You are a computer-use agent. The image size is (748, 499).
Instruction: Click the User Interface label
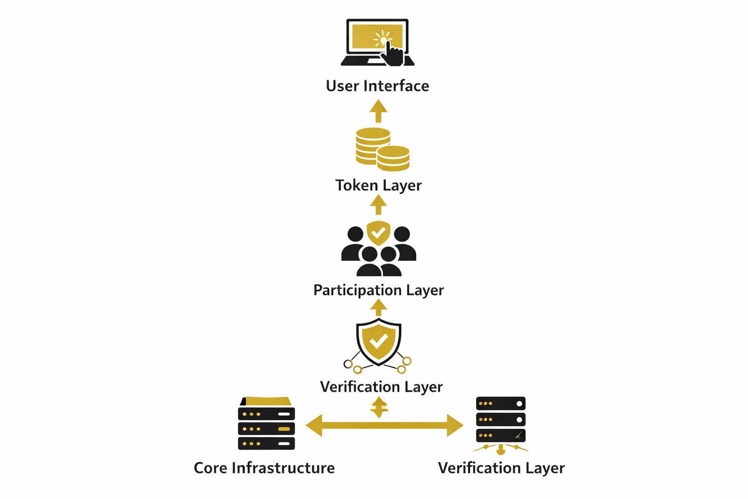pyautogui.click(x=377, y=86)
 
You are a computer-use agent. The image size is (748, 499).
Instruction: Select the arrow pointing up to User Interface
pyautogui.click(x=378, y=111)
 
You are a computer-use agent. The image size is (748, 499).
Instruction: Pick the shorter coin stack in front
pyautogui.click(x=393, y=158)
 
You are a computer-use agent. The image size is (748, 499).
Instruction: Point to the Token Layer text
pyautogui.click(x=378, y=185)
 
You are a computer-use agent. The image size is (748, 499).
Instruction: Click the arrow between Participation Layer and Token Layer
pyautogui.click(x=378, y=205)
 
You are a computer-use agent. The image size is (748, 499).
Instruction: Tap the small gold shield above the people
pyautogui.click(x=378, y=233)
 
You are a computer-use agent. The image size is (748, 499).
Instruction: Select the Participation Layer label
pyautogui.click(x=378, y=290)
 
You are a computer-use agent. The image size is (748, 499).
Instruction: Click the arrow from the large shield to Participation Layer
pyautogui.click(x=378, y=307)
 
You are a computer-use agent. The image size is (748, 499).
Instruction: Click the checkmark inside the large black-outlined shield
pyautogui.click(x=378, y=341)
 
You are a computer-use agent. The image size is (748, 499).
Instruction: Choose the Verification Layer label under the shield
pyautogui.click(x=381, y=386)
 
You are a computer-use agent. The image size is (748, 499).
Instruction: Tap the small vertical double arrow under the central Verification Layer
pyautogui.click(x=379, y=407)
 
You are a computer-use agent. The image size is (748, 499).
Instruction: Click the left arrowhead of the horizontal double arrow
pyautogui.click(x=315, y=425)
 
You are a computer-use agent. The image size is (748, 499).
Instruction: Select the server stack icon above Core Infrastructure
pyautogui.click(x=266, y=424)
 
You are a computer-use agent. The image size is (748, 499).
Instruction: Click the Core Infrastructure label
pyautogui.click(x=264, y=468)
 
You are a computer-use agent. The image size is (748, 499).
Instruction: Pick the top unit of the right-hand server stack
pyautogui.click(x=501, y=403)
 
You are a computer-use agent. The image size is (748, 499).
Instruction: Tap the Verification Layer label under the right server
pyautogui.click(x=501, y=468)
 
